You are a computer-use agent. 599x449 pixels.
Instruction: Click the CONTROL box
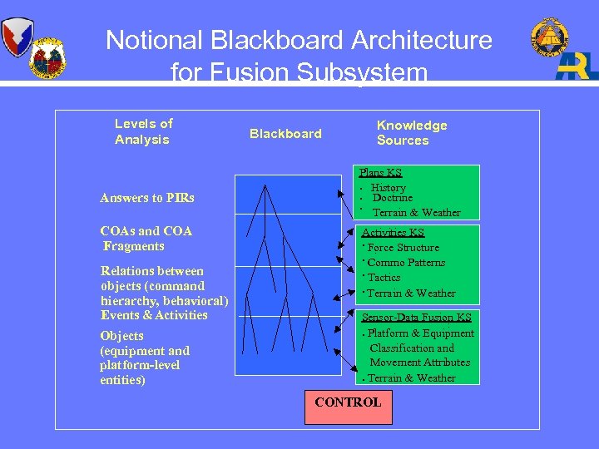pyautogui.click(x=348, y=403)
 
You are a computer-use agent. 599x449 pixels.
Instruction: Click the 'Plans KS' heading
pyautogui.click(x=380, y=173)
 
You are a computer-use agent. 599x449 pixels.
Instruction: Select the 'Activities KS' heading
pyautogui.click(x=393, y=233)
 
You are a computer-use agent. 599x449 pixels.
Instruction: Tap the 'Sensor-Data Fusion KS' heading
pyautogui.click(x=416, y=318)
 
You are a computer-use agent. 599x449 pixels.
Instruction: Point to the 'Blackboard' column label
pyautogui.click(x=285, y=134)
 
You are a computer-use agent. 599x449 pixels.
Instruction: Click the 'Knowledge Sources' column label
pyautogui.click(x=411, y=133)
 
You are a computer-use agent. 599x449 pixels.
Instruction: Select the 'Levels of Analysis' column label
pyautogui.click(x=143, y=131)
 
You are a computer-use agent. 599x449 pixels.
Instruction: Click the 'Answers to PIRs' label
pyautogui.click(x=147, y=198)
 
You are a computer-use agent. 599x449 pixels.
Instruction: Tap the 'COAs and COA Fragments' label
pyautogui.click(x=146, y=239)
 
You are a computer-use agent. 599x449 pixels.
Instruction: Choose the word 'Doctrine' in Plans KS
pyautogui.click(x=392, y=199)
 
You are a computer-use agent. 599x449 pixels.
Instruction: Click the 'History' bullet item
pyautogui.click(x=389, y=188)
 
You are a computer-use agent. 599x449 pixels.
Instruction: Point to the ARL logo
pyautogui.click(x=577, y=66)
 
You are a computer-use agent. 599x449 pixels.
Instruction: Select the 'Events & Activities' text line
pyautogui.click(x=154, y=315)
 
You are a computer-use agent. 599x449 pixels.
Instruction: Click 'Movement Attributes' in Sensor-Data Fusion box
pyautogui.click(x=419, y=363)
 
